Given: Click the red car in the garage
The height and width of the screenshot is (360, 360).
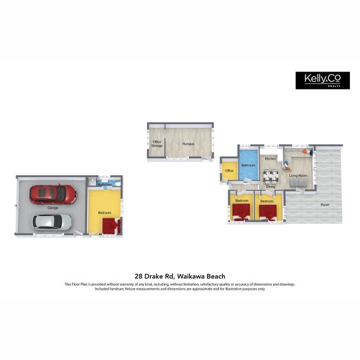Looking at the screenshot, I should pyautogui.click(x=53, y=194).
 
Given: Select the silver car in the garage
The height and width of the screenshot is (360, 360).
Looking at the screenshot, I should pyautogui.click(x=52, y=223).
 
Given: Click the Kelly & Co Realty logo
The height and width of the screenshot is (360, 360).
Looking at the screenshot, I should pyautogui.click(x=322, y=80).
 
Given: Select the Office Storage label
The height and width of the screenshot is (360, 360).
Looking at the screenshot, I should pyautogui.click(x=157, y=143).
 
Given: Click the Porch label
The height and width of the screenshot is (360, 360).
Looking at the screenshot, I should pyautogui.click(x=325, y=205).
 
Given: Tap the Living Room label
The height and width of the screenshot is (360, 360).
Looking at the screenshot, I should pyautogui.click(x=298, y=176).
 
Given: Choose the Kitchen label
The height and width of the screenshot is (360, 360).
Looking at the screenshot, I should pyautogui.click(x=270, y=158).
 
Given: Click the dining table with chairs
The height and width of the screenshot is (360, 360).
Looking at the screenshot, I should pyautogui.click(x=271, y=176).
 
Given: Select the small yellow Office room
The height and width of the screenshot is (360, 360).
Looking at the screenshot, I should pyautogui.click(x=229, y=170).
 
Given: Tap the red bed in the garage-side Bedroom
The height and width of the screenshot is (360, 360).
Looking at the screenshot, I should pyautogui.click(x=110, y=226).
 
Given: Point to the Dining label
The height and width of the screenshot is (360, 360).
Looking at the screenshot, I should pyautogui.click(x=271, y=187).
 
